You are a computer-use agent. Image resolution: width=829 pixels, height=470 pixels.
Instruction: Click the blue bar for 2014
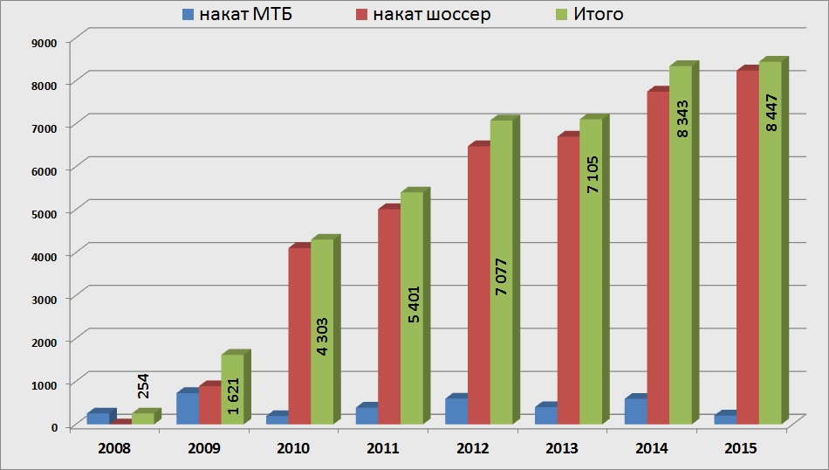pyautogui.click(x=635, y=411)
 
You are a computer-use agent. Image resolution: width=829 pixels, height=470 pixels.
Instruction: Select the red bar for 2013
pyautogui.click(x=568, y=280)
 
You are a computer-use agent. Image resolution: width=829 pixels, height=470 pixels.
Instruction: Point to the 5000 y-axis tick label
pyautogui.click(x=43, y=213)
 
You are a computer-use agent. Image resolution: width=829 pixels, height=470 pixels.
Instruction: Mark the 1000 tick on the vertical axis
pyautogui.click(x=43, y=384)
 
